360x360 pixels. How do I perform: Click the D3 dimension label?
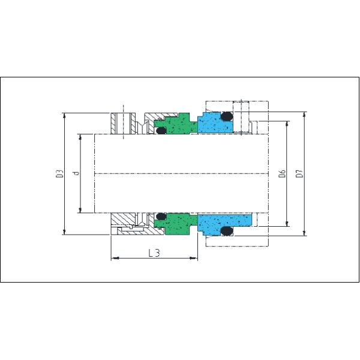point(59,173)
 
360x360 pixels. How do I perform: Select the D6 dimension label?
point(282,173)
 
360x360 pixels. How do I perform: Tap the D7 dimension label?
point(299,173)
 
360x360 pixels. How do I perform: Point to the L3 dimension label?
point(154,253)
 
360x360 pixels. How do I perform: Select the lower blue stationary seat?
point(224,224)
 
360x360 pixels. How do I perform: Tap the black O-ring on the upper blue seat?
point(227,116)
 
